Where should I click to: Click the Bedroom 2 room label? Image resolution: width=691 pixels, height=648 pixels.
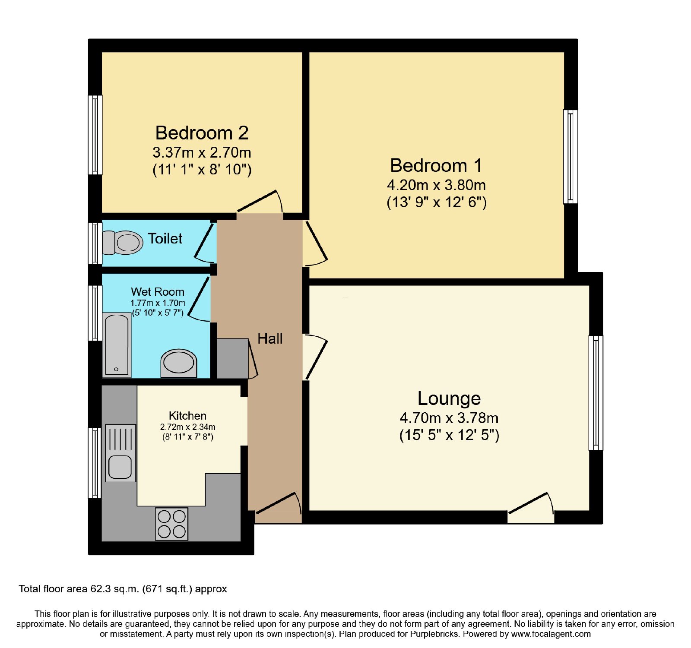[x=202, y=133]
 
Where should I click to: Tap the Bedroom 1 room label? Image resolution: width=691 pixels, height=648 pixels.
[x=436, y=165]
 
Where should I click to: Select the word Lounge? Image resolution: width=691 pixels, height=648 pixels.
[x=449, y=398]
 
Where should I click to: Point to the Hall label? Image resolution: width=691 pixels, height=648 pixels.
[x=270, y=338]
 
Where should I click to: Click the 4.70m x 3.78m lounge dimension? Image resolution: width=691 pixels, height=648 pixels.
[x=449, y=418]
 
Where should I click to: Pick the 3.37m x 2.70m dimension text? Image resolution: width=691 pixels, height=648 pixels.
[x=202, y=152]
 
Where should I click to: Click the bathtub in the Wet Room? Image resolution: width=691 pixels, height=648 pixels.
[x=117, y=345]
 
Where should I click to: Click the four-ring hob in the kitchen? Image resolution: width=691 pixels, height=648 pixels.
[x=172, y=524]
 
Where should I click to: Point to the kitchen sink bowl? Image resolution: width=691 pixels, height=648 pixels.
[x=120, y=467]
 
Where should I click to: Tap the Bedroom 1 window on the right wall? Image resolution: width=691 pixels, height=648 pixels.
[x=571, y=156]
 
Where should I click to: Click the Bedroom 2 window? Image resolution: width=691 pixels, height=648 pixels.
[x=95, y=135]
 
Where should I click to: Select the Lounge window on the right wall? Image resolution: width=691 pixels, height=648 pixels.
[x=596, y=393]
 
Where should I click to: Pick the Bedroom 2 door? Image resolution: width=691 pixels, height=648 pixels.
[x=260, y=203]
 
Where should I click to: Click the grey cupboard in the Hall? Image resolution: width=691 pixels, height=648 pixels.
[x=232, y=358]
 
